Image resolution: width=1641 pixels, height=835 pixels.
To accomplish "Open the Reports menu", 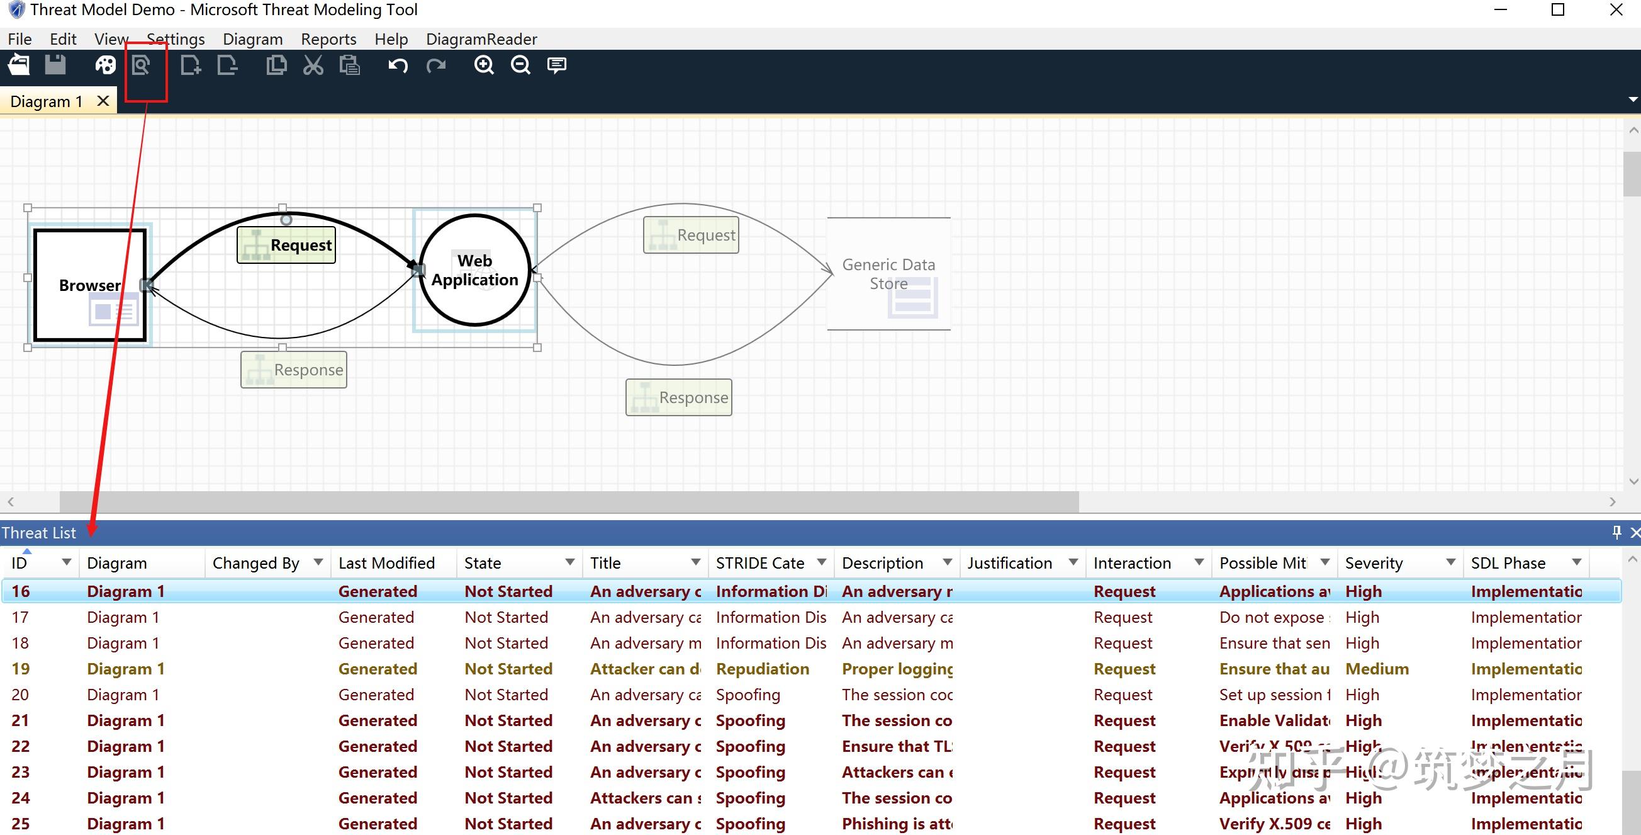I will tap(328, 40).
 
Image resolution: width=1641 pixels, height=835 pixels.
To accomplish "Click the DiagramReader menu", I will tap(481, 40).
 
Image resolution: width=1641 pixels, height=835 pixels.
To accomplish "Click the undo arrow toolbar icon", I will tap(398, 65).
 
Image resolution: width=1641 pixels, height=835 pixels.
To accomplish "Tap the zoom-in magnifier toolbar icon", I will tap(484, 65).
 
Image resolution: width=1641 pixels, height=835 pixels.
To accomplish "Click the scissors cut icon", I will tap(313, 65).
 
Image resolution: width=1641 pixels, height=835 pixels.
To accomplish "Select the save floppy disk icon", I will tap(55, 65).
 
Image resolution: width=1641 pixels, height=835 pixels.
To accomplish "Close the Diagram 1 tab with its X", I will tap(103, 101).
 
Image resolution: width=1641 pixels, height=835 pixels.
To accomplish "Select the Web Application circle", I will tap(474, 300).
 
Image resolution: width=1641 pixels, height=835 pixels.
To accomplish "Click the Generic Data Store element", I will tap(888, 274).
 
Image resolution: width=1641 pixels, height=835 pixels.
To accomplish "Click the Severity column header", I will tap(1374, 563).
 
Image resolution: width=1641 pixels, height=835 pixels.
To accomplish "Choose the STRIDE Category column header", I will tap(760, 563).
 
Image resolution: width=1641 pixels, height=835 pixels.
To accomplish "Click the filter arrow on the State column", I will tap(570, 562).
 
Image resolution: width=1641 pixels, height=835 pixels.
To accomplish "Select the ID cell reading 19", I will tap(20, 669).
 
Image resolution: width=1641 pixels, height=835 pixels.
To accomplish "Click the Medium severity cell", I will tap(1377, 669).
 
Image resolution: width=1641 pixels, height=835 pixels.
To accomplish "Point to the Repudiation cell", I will tap(763, 669).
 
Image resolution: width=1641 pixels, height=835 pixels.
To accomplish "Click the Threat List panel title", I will tap(39, 533).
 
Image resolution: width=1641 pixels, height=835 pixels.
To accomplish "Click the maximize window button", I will tap(1557, 10).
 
